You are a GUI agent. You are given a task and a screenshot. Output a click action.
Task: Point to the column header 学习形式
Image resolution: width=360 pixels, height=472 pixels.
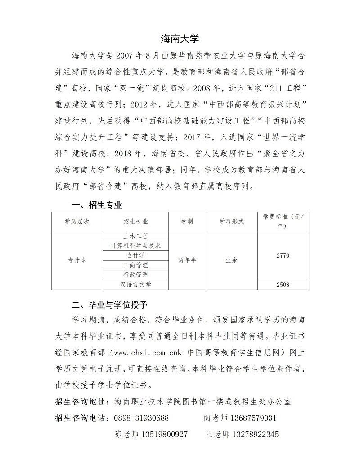pos(231,222)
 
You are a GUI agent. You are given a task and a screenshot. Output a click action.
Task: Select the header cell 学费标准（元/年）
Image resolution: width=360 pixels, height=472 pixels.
pos(283,221)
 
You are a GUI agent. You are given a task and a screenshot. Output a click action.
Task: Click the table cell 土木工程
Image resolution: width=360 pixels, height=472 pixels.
pos(135,236)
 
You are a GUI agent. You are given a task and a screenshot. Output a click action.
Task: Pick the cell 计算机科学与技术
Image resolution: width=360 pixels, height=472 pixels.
pos(135,245)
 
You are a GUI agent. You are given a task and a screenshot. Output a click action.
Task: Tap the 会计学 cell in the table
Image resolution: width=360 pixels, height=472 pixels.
pos(135,255)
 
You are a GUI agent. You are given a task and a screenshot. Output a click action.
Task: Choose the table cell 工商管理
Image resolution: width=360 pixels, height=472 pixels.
pos(135,265)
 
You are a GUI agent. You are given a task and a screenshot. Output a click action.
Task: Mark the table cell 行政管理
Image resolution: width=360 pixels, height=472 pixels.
pos(135,275)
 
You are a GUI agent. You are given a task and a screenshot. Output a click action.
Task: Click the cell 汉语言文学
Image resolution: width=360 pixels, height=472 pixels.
pos(135,285)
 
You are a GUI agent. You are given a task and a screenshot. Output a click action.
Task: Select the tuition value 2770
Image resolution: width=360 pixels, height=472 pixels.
pos(283,255)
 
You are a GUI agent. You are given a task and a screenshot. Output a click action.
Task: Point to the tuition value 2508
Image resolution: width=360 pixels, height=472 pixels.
pos(283,285)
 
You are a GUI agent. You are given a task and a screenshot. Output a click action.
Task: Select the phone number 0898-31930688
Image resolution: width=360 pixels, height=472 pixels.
pos(142,418)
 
